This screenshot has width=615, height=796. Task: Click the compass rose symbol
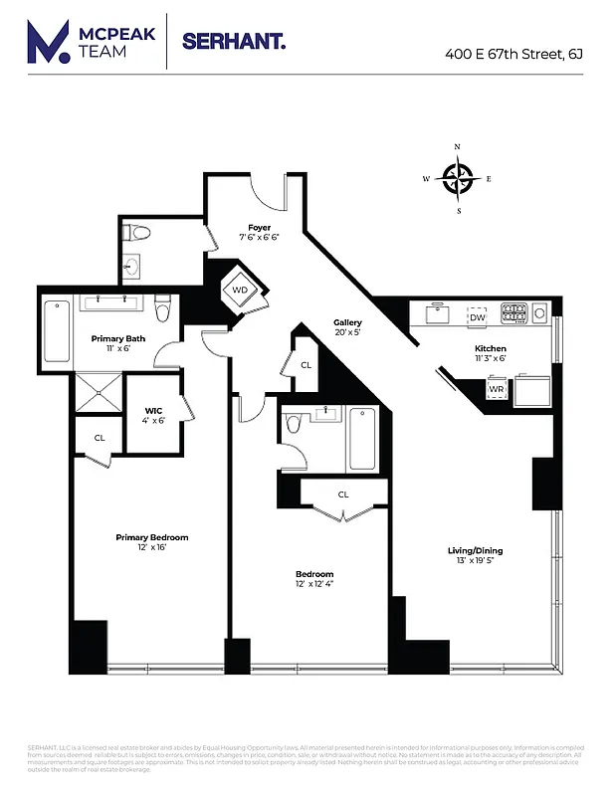pyautogui.click(x=458, y=179)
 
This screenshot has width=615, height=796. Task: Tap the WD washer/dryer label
pyautogui.click(x=240, y=291)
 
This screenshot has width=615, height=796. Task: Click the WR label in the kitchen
pyautogui.click(x=496, y=389)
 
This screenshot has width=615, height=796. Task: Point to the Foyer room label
pyautogui.click(x=260, y=228)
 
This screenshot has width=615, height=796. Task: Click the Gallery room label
pyautogui.click(x=347, y=323)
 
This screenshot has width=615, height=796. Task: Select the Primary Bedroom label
pyautogui.click(x=151, y=537)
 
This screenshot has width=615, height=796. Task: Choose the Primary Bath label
pyautogui.click(x=118, y=339)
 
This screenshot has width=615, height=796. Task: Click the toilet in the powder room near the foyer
pyautogui.click(x=137, y=234)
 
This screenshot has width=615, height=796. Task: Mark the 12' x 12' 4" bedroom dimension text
pyautogui.click(x=313, y=586)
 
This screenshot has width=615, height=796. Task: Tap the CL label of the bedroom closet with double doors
pyautogui.click(x=343, y=495)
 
